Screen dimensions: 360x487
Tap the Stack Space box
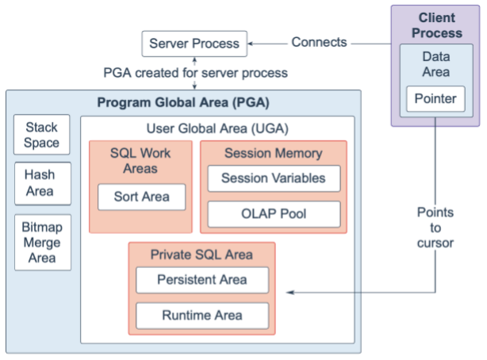(42, 136)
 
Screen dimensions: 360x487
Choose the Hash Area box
(42, 183)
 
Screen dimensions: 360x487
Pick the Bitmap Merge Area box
(42, 241)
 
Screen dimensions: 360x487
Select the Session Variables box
(273, 178)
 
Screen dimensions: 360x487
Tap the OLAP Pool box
(273, 214)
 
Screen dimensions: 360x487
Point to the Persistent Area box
(201, 280)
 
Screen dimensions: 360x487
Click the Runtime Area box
(201, 316)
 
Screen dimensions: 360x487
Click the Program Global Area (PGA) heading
(183, 103)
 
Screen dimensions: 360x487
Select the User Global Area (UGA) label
(217, 128)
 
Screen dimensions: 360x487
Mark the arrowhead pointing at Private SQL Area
(290, 293)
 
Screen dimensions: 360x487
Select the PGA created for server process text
(195, 73)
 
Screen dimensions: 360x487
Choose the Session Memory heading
(274, 154)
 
